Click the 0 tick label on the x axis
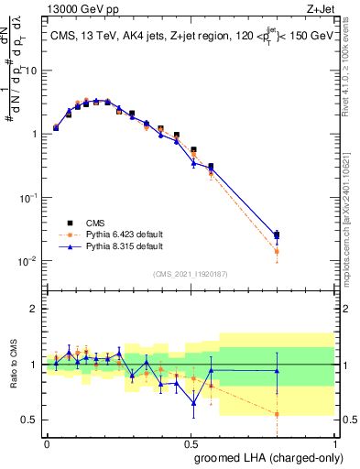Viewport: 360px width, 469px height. pos(47,442)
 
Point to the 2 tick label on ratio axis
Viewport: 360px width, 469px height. pos(36,309)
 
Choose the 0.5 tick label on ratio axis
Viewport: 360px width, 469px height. pos(31,420)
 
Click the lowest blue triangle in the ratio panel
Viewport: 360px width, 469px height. pos(193,403)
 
